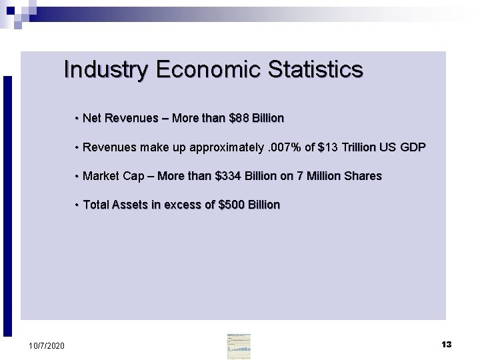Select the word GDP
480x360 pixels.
(x=412, y=147)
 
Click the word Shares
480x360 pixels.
(x=363, y=176)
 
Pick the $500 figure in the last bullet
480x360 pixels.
(x=231, y=205)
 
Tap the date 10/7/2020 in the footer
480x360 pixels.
(x=47, y=345)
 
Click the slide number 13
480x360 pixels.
(x=447, y=345)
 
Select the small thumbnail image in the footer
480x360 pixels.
(x=239, y=347)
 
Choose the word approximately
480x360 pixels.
(x=226, y=147)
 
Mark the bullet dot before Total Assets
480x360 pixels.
(x=77, y=205)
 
